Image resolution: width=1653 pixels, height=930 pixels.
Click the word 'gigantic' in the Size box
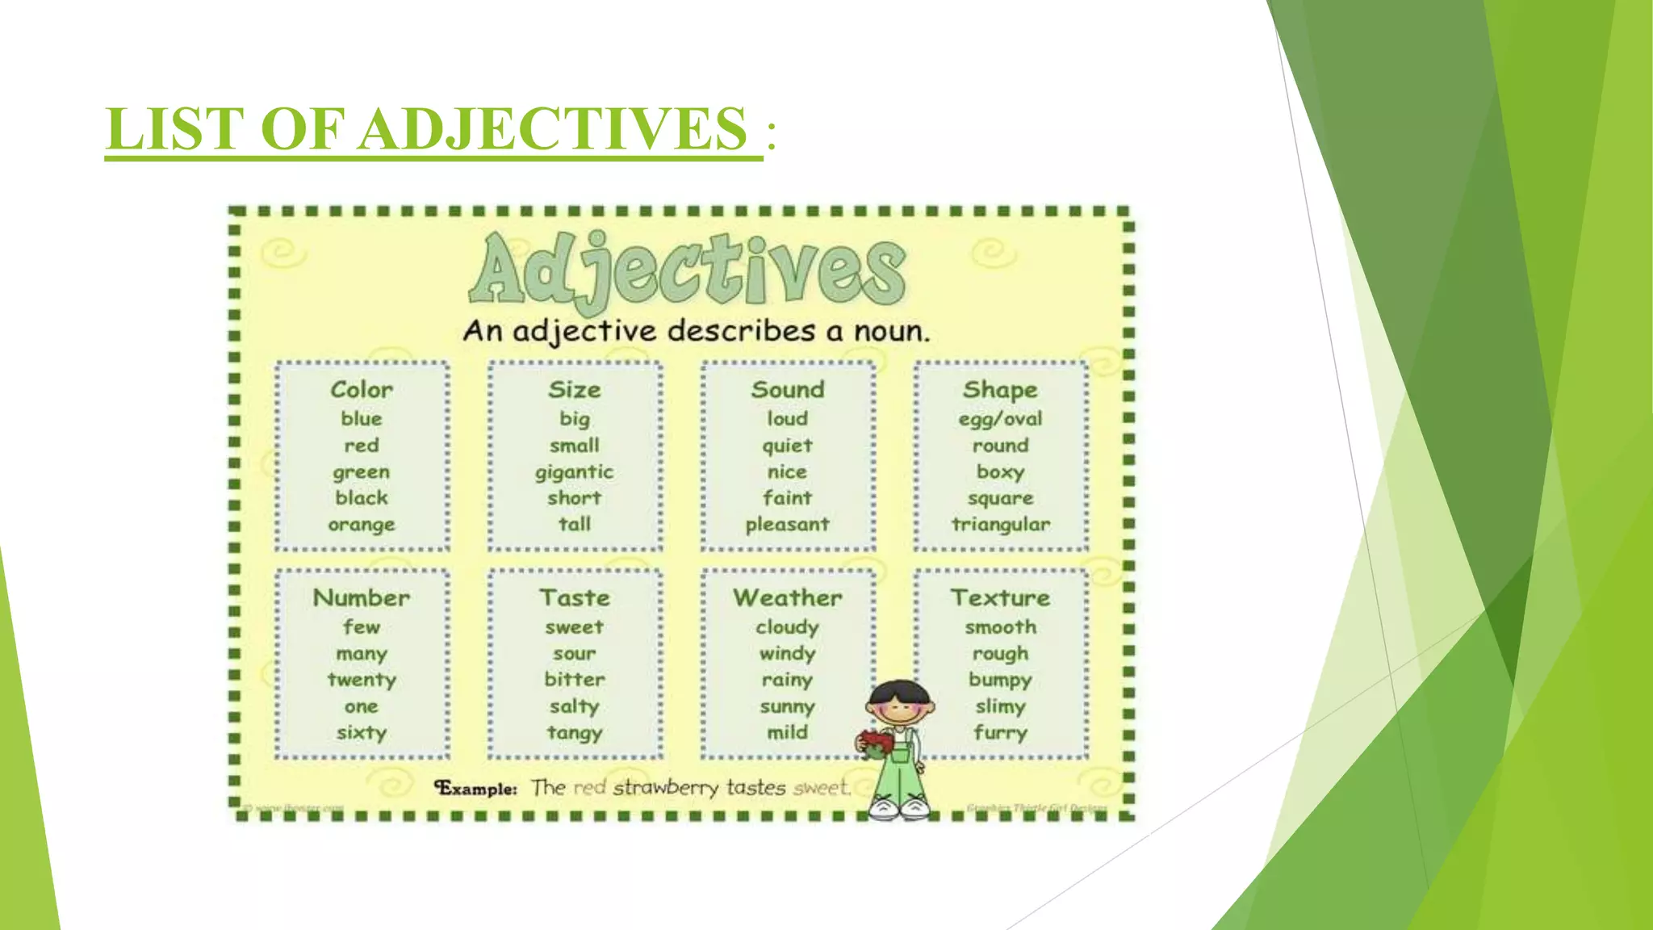tap(574, 472)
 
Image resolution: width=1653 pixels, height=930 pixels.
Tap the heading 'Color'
tap(362, 390)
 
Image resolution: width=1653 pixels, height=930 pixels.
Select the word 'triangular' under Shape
tap(1001, 525)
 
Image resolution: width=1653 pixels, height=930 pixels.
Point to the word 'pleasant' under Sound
tap(787, 525)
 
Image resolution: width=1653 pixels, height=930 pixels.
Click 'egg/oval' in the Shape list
tap(1001, 419)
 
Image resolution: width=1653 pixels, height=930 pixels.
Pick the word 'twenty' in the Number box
tap(362, 680)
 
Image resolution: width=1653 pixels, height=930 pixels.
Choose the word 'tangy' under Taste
tap(574, 733)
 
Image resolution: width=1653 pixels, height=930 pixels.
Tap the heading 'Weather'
tap(787, 598)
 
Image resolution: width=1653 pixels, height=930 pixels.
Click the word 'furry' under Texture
tap(1001, 733)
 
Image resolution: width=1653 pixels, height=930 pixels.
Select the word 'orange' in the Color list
tap(362, 525)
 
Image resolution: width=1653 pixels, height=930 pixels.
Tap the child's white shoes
tap(899, 806)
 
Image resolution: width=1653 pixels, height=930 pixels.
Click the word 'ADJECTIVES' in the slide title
tap(553, 128)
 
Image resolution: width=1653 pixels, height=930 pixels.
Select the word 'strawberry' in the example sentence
tap(665, 787)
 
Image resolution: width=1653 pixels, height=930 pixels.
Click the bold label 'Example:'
tap(476, 788)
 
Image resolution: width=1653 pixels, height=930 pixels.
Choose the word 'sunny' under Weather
tap(787, 707)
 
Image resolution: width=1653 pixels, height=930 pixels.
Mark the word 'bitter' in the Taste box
tap(574, 680)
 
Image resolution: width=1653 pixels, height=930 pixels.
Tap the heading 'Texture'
tap(1001, 598)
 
